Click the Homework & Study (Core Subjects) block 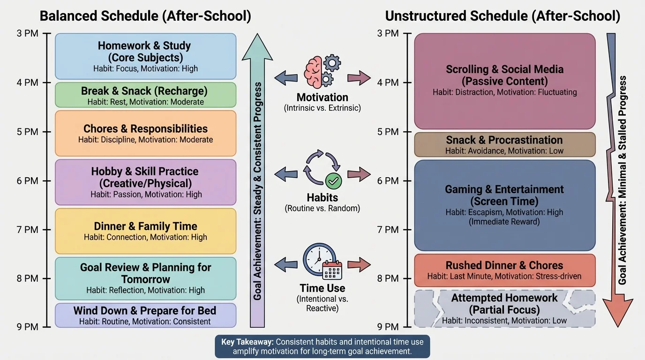[x=145, y=56]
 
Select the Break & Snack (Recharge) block [x=145, y=95]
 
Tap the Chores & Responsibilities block [x=145, y=133]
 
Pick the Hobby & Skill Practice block [x=145, y=182]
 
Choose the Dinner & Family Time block [x=145, y=231]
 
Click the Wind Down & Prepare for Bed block [x=145, y=315]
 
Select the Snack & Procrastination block [x=504, y=144]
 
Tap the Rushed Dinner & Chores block [x=504, y=270]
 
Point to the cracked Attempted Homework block [x=504, y=308]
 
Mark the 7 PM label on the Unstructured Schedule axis [x=389, y=230]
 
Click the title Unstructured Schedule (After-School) [x=502, y=16]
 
